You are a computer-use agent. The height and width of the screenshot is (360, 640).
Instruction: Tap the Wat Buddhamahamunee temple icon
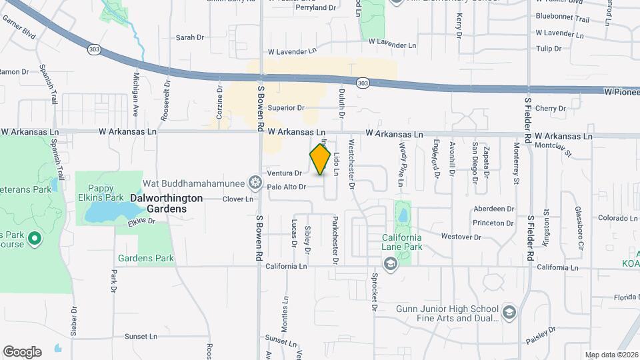tap(254, 182)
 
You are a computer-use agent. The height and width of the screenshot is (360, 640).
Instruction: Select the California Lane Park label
tap(402, 242)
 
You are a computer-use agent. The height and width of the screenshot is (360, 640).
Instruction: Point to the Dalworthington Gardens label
tap(157, 203)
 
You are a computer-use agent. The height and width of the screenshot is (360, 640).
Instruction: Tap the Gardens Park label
tap(146, 258)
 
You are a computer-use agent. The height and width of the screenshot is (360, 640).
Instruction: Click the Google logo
tap(22, 352)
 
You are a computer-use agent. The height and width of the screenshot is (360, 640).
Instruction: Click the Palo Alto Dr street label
tap(286, 187)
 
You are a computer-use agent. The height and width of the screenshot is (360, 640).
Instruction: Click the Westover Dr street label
tap(461, 237)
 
